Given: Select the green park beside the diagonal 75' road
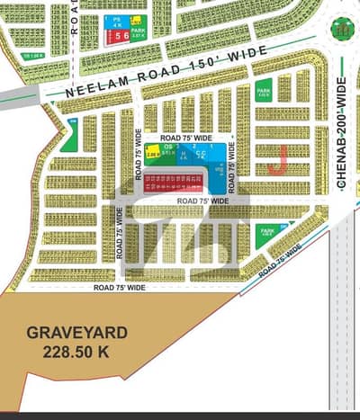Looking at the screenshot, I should [x=267, y=235].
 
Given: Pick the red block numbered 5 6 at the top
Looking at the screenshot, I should [x=117, y=37].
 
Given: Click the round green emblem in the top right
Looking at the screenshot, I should [x=341, y=28].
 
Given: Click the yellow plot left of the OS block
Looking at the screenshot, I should [x=153, y=154].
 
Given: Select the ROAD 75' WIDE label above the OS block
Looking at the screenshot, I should [x=186, y=139].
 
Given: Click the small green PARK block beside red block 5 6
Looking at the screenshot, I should [x=138, y=35].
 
